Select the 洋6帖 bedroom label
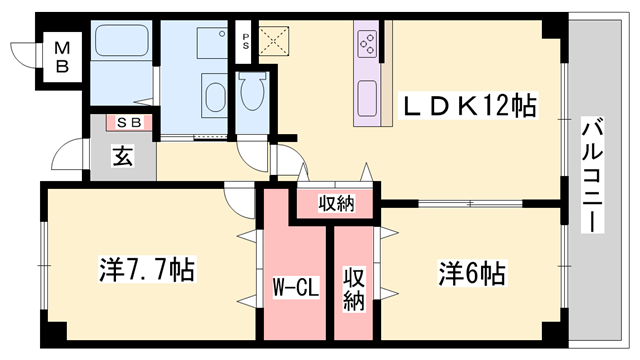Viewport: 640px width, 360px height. coord(470,271)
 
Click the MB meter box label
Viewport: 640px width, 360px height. coord(62,56)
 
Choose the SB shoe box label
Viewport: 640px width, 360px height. coord(128,122)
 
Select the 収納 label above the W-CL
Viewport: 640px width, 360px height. coord(336,203)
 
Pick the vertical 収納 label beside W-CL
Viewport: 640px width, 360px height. coord(353,287)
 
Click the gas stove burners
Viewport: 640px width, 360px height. coord(366,43)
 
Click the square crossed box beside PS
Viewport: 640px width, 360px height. coord(272,39)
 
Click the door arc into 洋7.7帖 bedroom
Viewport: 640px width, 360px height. coord(240,198)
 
